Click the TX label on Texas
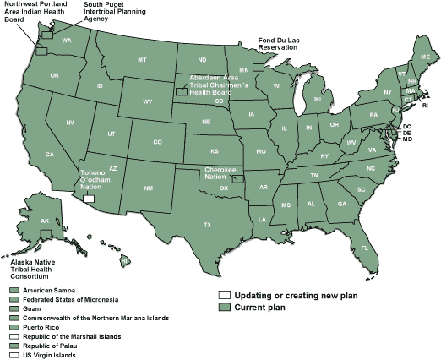207,225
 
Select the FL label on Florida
365,248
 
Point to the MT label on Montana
142,60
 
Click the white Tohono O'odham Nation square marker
89,199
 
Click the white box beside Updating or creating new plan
224,296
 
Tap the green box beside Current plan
224,308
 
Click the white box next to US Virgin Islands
14,356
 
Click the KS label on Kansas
215,150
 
